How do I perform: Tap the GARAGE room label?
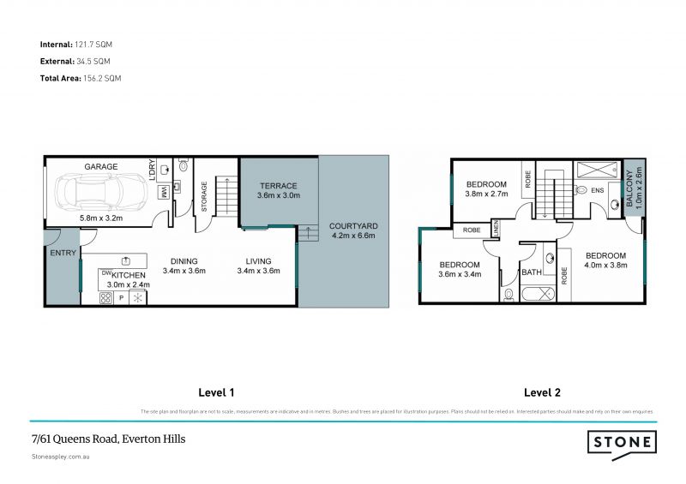(100, 167)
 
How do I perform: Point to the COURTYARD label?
(353, 227)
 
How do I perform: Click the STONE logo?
(622, 443)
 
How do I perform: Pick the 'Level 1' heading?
(216, 393)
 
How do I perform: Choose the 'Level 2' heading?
(542, 393)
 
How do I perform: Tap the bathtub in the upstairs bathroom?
(537, 295)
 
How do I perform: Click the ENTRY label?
(63, 253)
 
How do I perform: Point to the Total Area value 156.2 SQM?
(102, 78)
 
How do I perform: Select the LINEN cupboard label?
(496, 229)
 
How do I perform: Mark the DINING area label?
(184, 261)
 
